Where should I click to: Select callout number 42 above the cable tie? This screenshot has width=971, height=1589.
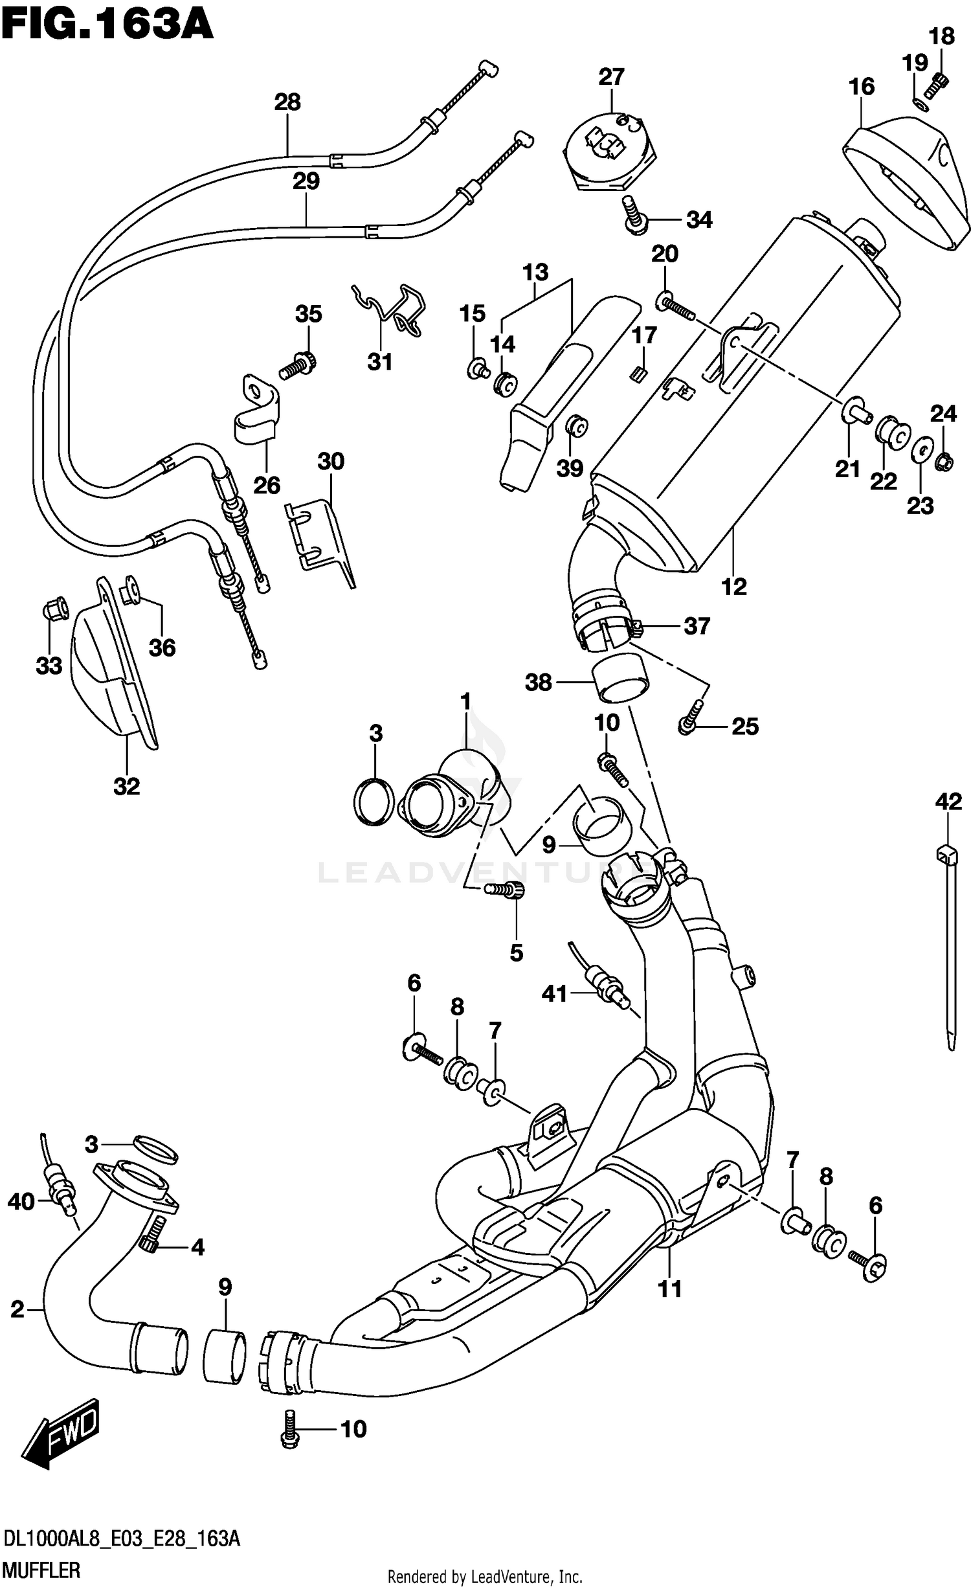(948, 802)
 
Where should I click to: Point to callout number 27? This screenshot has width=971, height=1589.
(610, 77)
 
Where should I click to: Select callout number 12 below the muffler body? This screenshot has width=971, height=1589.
(733, 587)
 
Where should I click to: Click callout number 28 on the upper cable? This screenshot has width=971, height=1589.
(287, 102)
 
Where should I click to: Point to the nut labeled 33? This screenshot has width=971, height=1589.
(54, 608)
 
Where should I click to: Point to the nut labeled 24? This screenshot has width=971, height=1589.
(944, 461)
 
